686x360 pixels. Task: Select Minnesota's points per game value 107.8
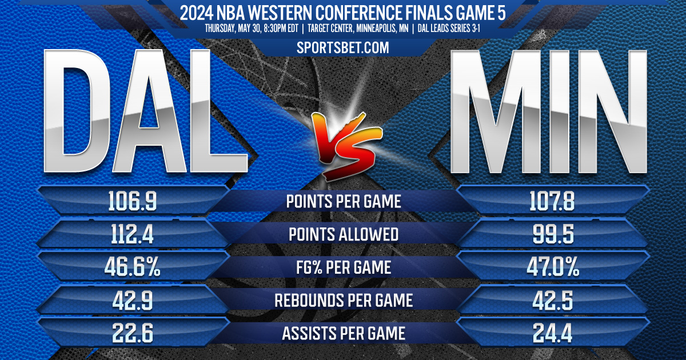click(553, 201)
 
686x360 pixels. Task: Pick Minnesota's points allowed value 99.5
click(553, 234)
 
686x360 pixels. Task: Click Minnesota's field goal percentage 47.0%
click(553, 267)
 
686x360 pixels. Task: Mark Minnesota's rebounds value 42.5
click(553, 301)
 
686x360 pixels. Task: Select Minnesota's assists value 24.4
click(553, 333)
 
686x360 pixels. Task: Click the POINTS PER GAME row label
click(343, 202)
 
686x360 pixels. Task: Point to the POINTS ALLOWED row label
click(343, 235)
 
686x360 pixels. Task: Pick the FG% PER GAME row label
click(343, 267)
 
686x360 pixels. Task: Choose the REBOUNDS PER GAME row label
click(343, 301)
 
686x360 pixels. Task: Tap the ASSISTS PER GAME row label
click(343, 333)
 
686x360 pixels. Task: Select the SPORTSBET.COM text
click(343, 48)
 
